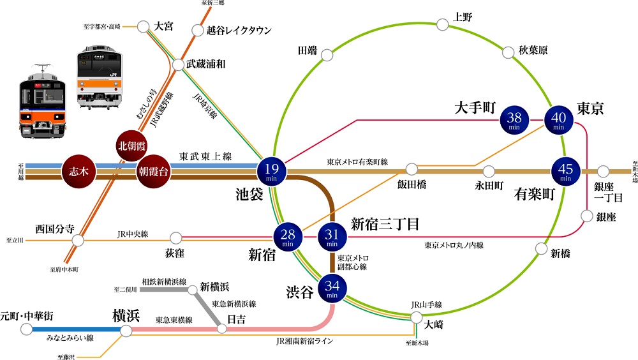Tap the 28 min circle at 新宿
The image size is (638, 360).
(x=288, y=237)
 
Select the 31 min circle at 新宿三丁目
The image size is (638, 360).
(x=332, y=237)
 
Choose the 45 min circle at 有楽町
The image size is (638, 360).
(x=565, y=171)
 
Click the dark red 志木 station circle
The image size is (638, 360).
(x=78, y=171)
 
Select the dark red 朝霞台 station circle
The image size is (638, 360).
(x=154, y=171)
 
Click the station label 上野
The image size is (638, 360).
(x=463, y=18)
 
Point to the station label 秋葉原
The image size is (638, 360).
(x=533, y=50)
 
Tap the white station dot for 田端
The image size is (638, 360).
(x=327, y=56)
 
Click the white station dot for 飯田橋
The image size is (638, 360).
(x=412, y=169)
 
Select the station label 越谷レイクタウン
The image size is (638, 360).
(x=239, y=30)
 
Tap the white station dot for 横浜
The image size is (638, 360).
(x=126, y=331)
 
